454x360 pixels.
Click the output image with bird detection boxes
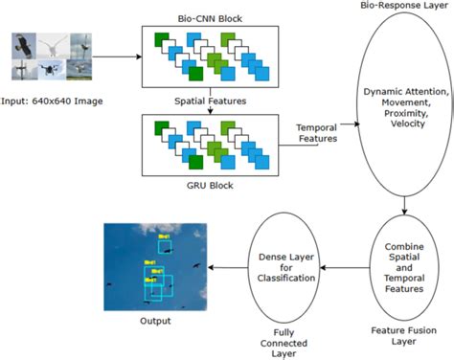click(152, 265)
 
